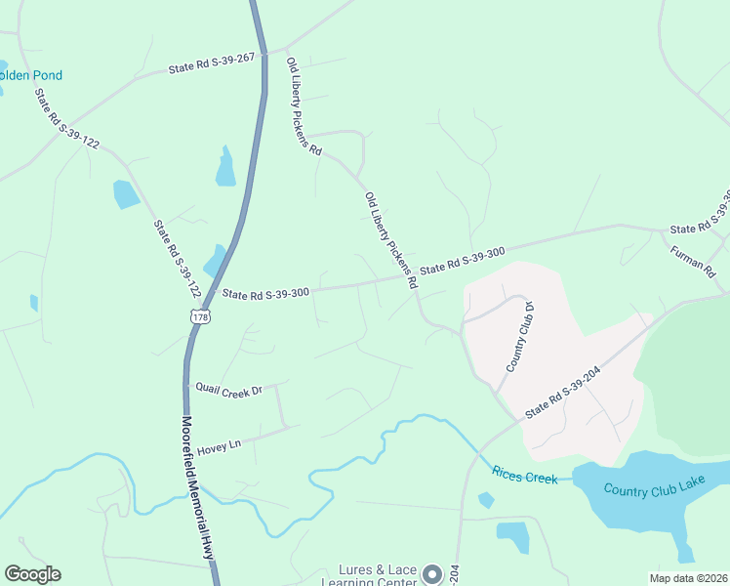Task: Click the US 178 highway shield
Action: (199, 317)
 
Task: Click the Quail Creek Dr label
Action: (229, 390)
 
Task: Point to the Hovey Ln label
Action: (219, 447)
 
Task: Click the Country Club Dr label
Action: (520, 337)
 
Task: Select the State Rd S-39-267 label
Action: (212, 64)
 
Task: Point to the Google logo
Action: (32, 574)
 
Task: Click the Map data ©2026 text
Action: (687, 578)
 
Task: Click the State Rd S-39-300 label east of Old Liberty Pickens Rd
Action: (463, 260)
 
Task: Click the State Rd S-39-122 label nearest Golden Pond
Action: (66, 118)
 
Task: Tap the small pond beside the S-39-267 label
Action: (225, 167)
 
